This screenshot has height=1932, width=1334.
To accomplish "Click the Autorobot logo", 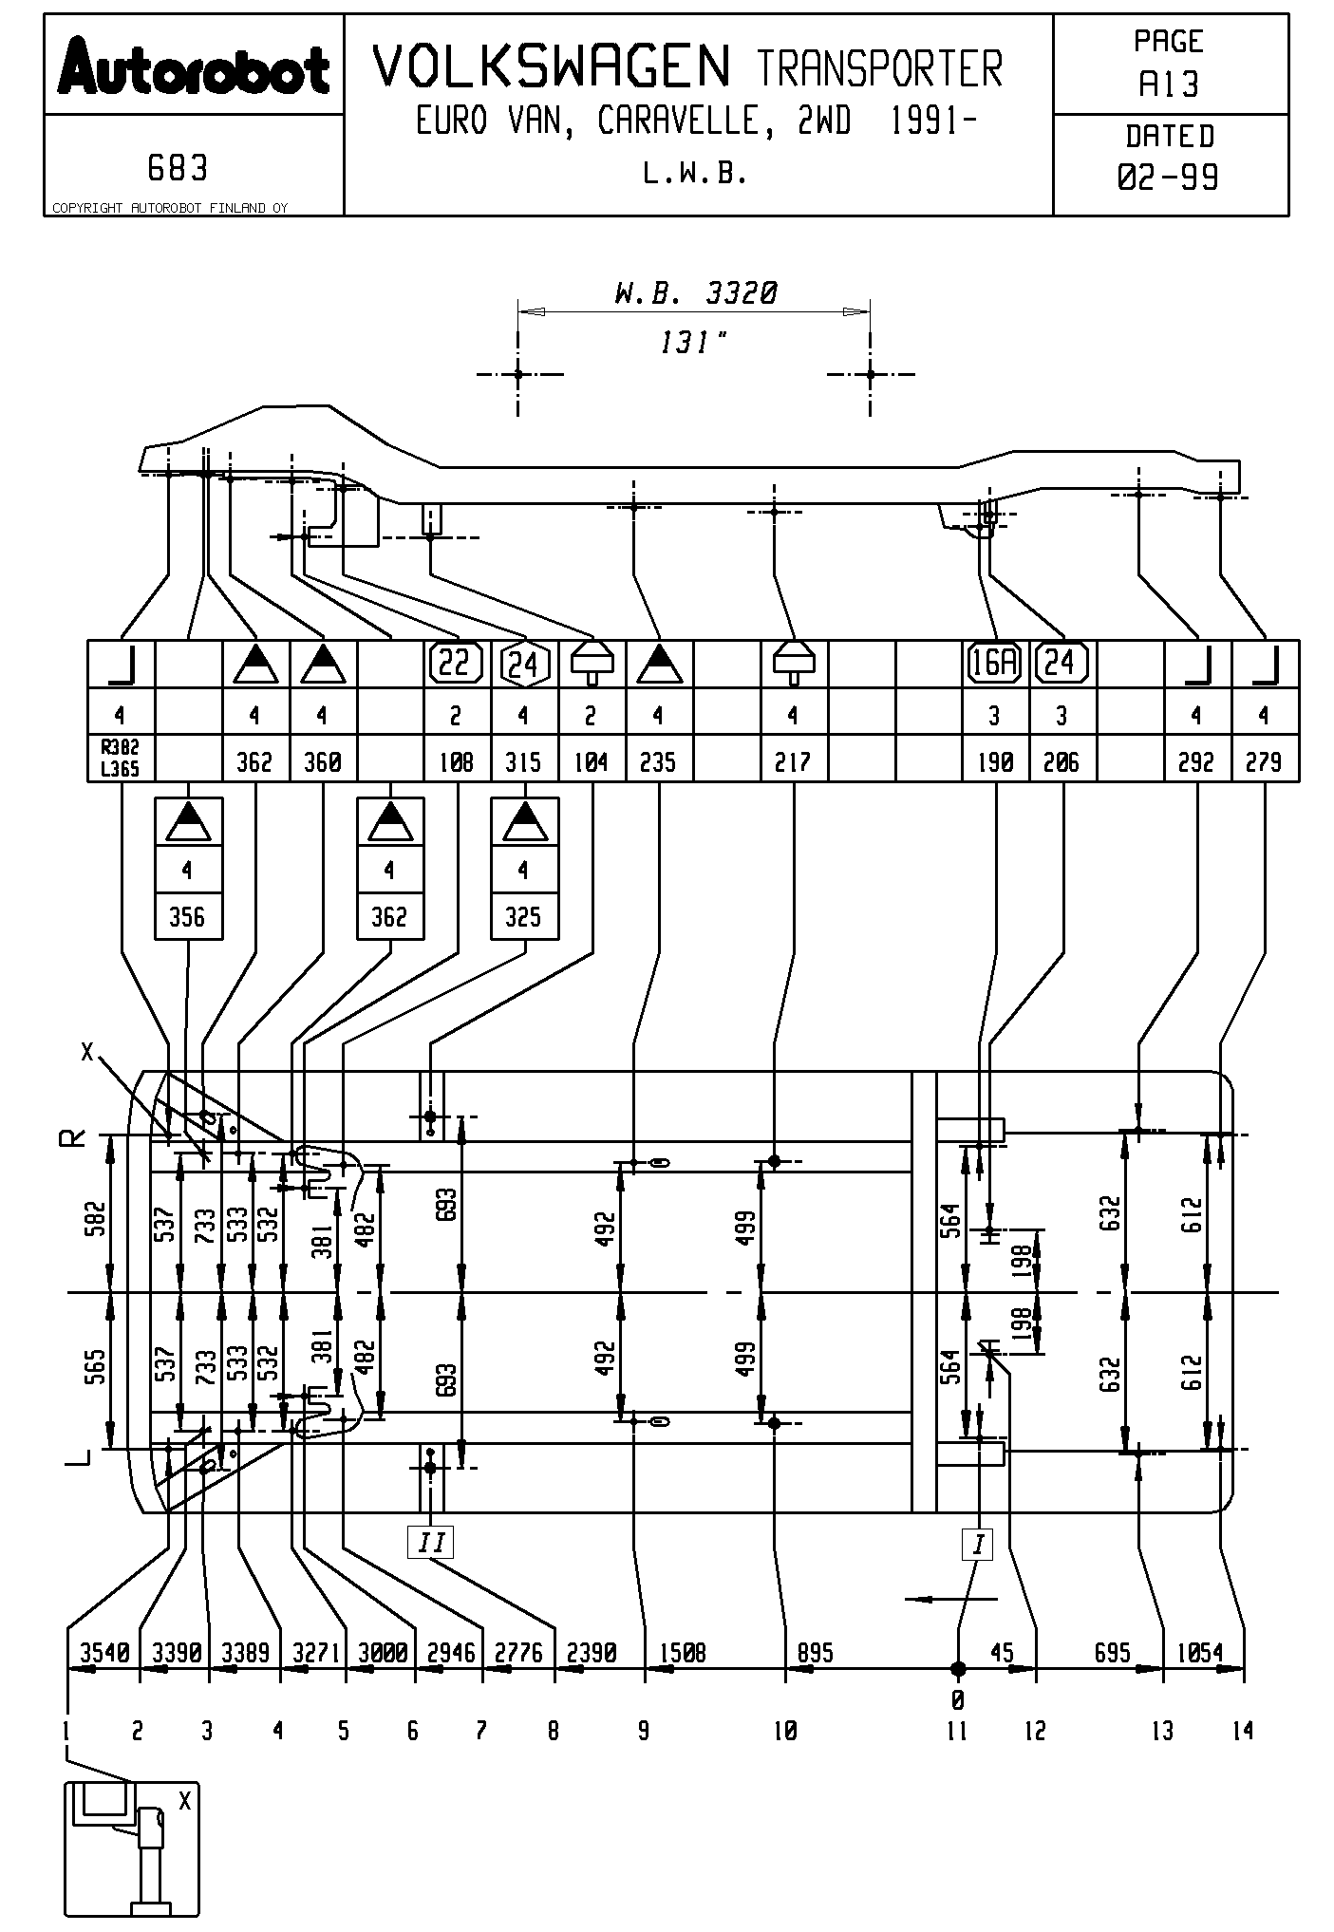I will [194, 66].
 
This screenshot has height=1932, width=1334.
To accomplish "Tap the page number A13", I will [1169, 85].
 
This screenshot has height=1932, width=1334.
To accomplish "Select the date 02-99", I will [1169, 178].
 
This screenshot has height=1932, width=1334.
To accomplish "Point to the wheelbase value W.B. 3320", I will [695, 293].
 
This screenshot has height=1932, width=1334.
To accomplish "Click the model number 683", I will [178, 169].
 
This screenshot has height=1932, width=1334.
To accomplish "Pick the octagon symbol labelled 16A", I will [994, 663].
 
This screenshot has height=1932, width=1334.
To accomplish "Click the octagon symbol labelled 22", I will [456, 663].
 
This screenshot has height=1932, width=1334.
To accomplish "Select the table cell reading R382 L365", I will [121, 760].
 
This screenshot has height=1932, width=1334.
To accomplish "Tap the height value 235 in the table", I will [658, 761].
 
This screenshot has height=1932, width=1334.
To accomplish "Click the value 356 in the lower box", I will [187, 917].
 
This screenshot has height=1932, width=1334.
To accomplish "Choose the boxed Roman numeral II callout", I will [431, 1541].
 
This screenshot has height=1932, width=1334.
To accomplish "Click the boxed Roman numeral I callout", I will [977, 1545].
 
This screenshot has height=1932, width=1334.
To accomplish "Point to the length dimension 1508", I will [684, 1653].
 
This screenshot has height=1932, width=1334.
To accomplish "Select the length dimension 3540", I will [103, 1653].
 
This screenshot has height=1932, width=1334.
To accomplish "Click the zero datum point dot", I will [958, 1668].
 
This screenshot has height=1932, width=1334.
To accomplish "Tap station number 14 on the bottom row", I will [1242, 1732].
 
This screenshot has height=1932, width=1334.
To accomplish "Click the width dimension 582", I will [95, 1219].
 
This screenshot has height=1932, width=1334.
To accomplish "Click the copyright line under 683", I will [169, 208].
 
